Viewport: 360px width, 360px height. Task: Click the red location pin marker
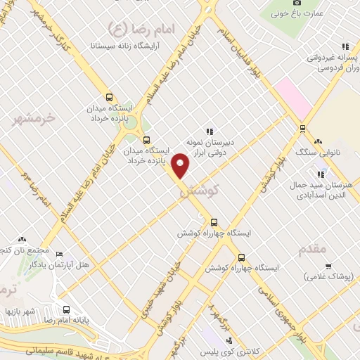point(181,165)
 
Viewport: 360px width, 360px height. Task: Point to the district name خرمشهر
point(34,119)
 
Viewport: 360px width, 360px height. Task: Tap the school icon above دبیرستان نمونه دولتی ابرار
point(209,131)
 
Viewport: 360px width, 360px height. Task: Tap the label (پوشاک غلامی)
point(329,278)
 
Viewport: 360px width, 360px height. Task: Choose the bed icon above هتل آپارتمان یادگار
point(59,254)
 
